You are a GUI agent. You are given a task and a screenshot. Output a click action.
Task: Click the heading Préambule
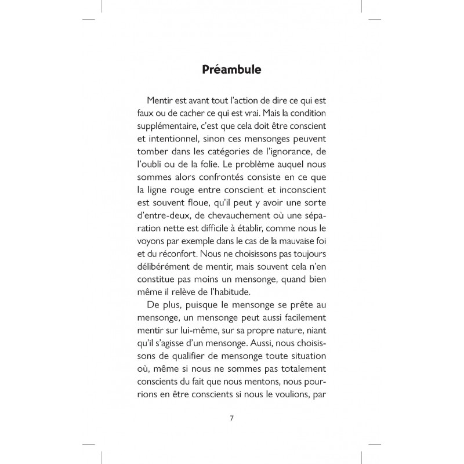click(x=232, y=70)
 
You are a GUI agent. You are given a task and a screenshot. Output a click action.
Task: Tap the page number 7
click(x=231, y=418)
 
